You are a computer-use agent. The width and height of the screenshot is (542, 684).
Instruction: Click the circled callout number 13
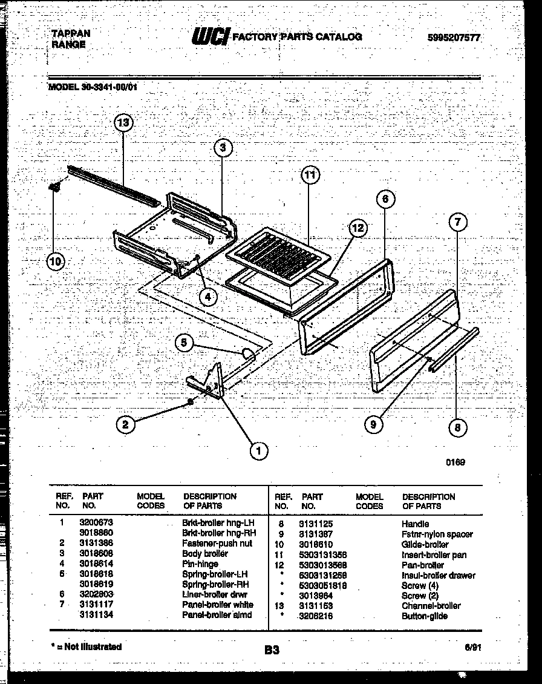pyautogui.click(x=123, y=123)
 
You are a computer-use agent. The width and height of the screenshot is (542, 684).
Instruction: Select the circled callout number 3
pyautogui.click(x=223, y=148)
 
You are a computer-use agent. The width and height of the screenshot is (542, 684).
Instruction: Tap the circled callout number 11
pyautogui.click(x=310, y=176)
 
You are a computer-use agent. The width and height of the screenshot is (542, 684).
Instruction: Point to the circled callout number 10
pyautogui.click(x=56, y=261)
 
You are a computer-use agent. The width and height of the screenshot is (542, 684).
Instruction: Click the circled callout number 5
pyautogui.click(x=184, y=343)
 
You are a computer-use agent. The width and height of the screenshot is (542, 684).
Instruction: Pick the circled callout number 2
pyautogui.click(x=125, y=425)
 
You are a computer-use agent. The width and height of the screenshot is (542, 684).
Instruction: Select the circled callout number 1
pyautogui.click(x=258, y=450)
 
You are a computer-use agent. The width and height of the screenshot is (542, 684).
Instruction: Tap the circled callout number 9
pyautogui.click(x=373, y=425)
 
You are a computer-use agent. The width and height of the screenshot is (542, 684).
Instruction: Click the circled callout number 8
pyautogui.click(x=457, y=428)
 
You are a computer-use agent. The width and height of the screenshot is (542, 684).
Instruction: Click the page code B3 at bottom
pyautogui.click(x=272, y=651)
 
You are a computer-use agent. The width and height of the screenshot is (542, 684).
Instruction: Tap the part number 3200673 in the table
pyautogui.click(x=96, y=522)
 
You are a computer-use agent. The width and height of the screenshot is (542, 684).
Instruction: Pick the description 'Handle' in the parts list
pyautogui.click(x=415, y=524)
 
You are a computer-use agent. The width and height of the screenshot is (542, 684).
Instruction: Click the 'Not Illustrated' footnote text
pyautogui.click(x=88, y=646)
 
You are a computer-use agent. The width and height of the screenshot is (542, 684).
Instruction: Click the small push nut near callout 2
pyautogui.click(x=191, y=401)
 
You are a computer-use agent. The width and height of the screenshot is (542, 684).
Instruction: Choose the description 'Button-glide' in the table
pyautogui.click(x=425, y=616)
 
